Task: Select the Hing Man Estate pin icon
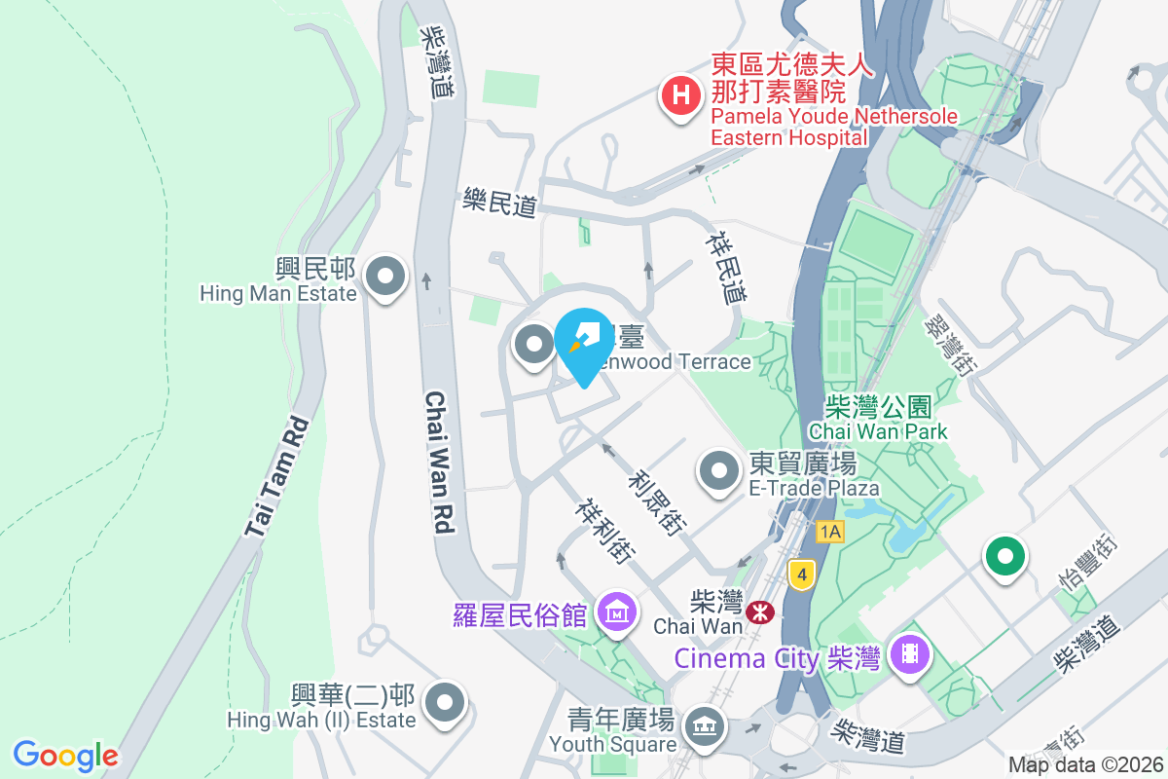click(x=386, y=277)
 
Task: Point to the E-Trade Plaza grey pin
click(x=719, y=472)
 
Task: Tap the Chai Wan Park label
click(x=878, y=418)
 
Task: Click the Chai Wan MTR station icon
click(x=759, y=612)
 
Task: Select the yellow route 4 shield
click(x=801, y=574)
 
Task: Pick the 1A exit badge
click(x=829, y=532)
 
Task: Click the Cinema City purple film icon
click(x=909, y=651)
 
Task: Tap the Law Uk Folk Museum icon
click(x=617, y=613)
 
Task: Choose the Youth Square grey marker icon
click(x=702, y=725)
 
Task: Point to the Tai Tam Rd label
click(x=276, y=478)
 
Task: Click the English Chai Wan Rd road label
click(x=440, y=463)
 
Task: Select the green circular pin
click(x=1005, y=558)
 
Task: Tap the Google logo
click(x=65, y=756)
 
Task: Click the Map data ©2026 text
click(x=1085, y=764)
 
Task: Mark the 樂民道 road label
click(x=499, y=205)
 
